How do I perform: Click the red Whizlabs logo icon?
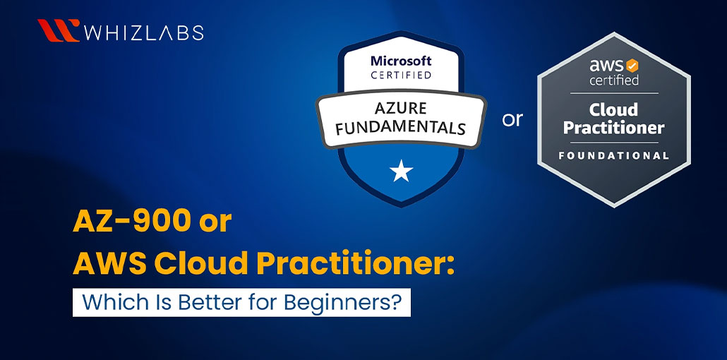58,32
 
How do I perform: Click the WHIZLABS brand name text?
143,32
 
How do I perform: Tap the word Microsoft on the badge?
401,61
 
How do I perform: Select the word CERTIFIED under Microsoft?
401,75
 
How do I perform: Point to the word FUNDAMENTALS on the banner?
400,128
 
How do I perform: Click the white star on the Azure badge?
401,169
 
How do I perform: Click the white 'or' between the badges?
512,120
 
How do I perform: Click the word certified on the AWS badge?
614,80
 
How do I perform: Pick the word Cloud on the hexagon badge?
613,109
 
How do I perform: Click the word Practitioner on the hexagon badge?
613,128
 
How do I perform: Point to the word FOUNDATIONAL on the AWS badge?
613,155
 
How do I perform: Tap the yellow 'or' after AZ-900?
215,223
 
